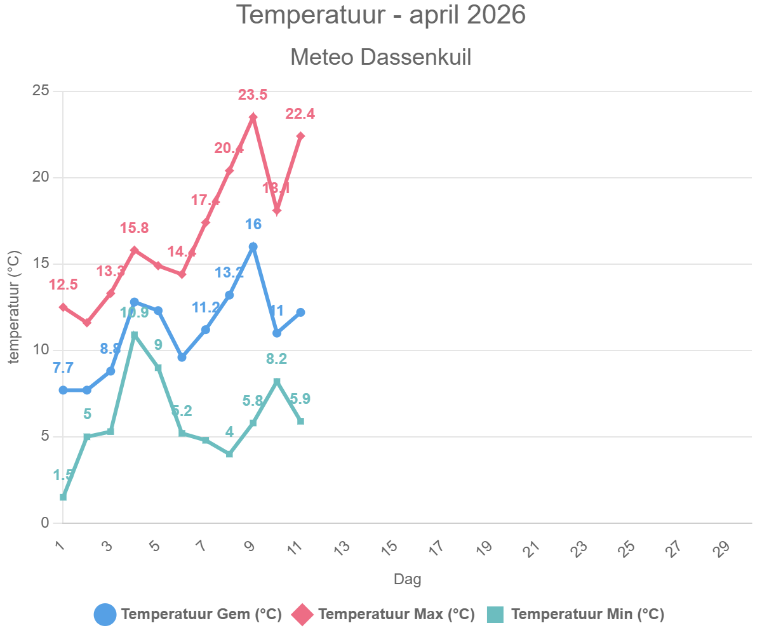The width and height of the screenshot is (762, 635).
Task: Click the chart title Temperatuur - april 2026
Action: click(381, 15)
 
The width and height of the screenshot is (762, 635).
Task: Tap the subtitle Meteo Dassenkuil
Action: click(381, 57)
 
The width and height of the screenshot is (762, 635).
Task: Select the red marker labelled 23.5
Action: click(253, 117)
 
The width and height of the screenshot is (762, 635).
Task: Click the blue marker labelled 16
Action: click(253, 246)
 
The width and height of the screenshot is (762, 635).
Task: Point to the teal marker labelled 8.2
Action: click(277, 381)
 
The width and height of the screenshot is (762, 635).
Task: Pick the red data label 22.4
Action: click(300, 114)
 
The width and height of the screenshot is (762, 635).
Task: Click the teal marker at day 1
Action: click(63, 497)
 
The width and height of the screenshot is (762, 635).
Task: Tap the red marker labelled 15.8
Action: click(134, 250)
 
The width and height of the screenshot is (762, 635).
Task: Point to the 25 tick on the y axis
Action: click(41, 91)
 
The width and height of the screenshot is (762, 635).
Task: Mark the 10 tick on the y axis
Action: click(41, 351)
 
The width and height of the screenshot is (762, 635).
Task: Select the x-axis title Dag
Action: click(407, 579)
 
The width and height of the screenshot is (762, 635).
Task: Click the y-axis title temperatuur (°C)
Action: click(14, 307)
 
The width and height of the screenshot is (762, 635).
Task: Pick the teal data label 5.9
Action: click(300, 399)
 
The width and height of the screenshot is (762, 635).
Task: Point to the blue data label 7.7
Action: click(63, 368)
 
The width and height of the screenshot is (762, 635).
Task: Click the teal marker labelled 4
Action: click(229, 454)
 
